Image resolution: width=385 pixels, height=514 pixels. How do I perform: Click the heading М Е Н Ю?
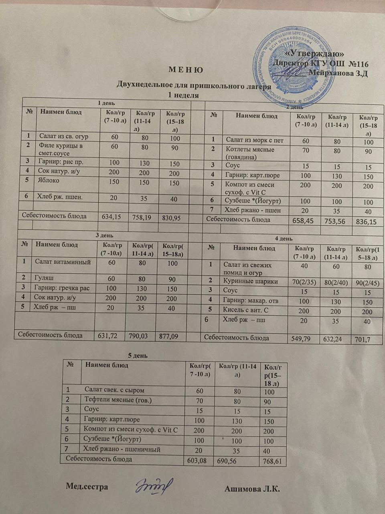pyautogui.click(x=186, y=70)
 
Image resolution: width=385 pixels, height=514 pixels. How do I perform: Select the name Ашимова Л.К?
pyautogui.click(x=252, y=489)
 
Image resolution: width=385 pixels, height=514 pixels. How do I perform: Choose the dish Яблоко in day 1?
pyautogui.click(x=49, y=180)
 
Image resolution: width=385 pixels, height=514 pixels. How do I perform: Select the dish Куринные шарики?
pyautogui.click(x=250, y=281)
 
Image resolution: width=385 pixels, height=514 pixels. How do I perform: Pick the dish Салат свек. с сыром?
pyautogui.click(x=114, y=390)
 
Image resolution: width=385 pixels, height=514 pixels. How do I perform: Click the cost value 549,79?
pyautogui.click(x=305, y=339)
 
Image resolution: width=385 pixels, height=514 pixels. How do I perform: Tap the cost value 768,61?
pyautogui.click(x=273, y=462)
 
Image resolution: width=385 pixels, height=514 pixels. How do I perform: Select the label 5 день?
pyautogui.click(x=138, y=355)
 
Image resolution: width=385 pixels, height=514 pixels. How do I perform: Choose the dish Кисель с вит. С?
pyautogui.click(x=245, y=310)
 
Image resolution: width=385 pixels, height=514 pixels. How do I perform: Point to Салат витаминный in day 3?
pyautogui.click(x=63, y=262)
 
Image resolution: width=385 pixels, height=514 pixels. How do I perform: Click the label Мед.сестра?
pyautogui.click(x=87, y=487)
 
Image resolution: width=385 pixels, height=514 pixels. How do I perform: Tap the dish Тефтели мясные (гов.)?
pyautogui.click(x=118, y=400)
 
